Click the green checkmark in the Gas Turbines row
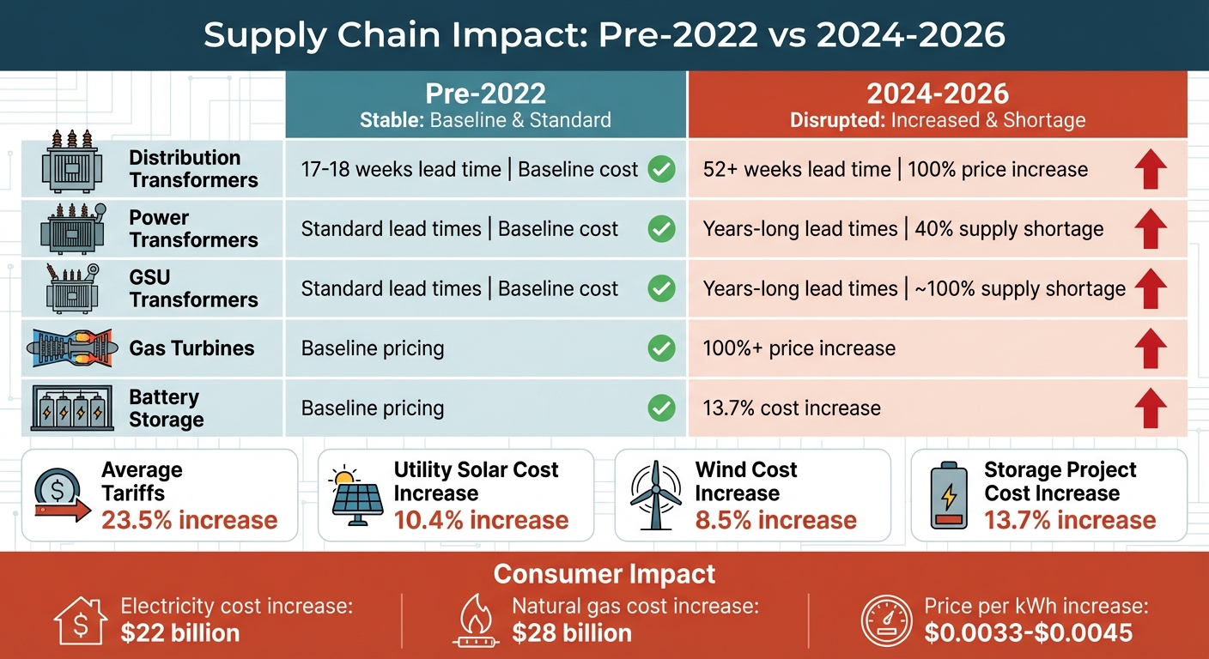[x=660, y=348]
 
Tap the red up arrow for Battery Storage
[x=1150, y=408]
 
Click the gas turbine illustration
[x=70, y=348]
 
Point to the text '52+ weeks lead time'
[x=797, y=170]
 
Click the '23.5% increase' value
[x=189, y=520]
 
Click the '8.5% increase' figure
[x=775, y=520]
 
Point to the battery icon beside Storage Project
[x=948, y=497]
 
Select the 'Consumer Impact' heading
[x=604, y=574]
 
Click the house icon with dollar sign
[x=80, y=620]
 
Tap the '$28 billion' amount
[x=571, y=633]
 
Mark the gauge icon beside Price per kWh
[x=886, y=620]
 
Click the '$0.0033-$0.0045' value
[x=1029, y=633]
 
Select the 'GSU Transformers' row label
[x=193, y=288]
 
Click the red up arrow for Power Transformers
[x=1150, y=229]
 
